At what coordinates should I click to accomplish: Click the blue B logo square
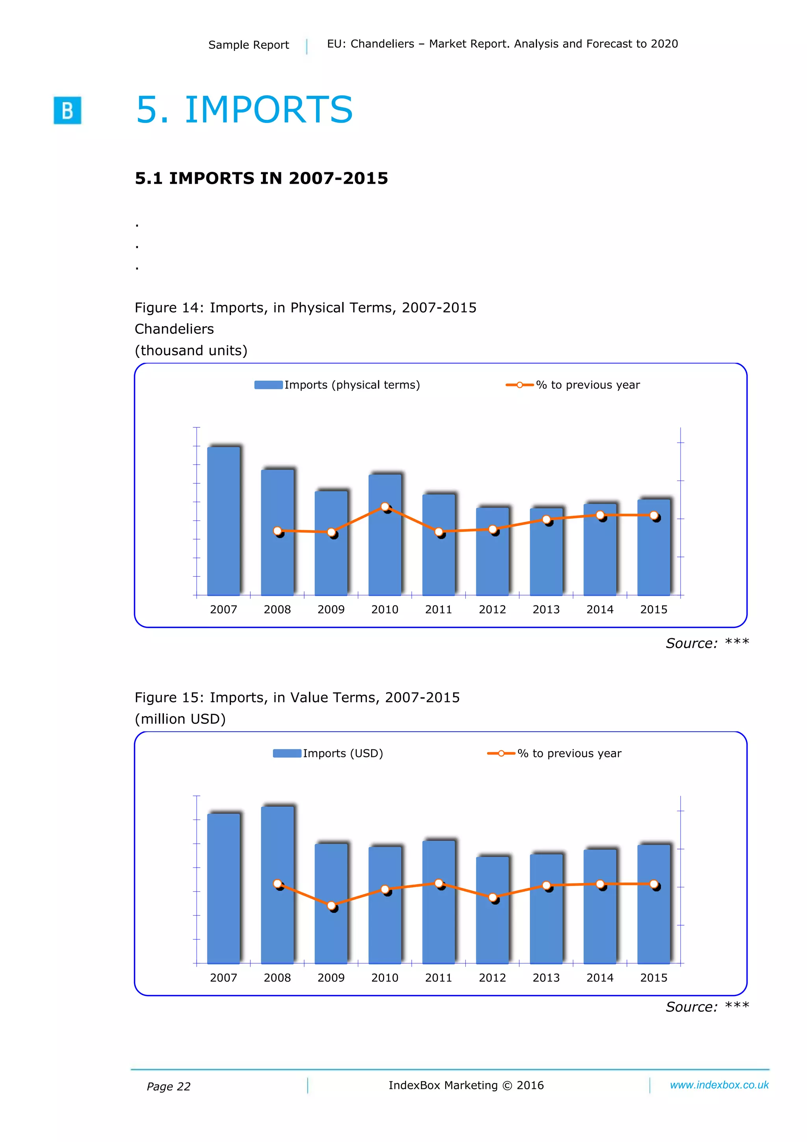(x=67, y=110)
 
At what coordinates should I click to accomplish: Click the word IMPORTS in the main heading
(x=268, y=110)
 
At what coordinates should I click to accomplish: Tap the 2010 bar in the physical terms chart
(x=384, y=535)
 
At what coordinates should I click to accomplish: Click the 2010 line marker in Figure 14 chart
(x=385, y=506)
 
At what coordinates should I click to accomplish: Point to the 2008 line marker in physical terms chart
(x=277, y=531)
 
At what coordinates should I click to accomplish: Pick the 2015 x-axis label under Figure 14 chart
(x=653, y=609)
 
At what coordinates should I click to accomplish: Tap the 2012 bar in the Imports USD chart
(x=492, y=910)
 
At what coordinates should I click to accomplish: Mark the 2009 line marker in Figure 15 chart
(x=331, y=905)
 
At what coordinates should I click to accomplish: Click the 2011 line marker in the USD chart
(x=439, y=883)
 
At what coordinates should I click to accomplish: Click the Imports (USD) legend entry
(x=328, y=753)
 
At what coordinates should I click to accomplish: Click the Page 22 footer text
(x=169, y=1086)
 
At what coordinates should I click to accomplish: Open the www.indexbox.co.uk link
(x=719, y=1085)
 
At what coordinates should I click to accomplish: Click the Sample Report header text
(x=249, y=45)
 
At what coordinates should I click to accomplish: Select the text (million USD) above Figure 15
(x=180, y=719)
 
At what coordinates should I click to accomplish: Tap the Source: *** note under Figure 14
(x=707, y=643)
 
